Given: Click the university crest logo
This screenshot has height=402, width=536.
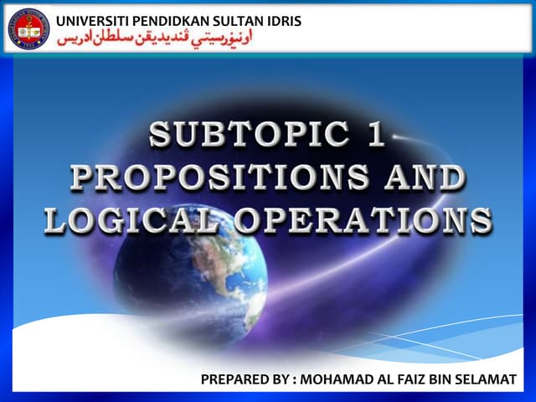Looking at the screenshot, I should (x=28, y=28).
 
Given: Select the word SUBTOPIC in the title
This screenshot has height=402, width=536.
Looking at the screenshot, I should (x=242, y=137).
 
